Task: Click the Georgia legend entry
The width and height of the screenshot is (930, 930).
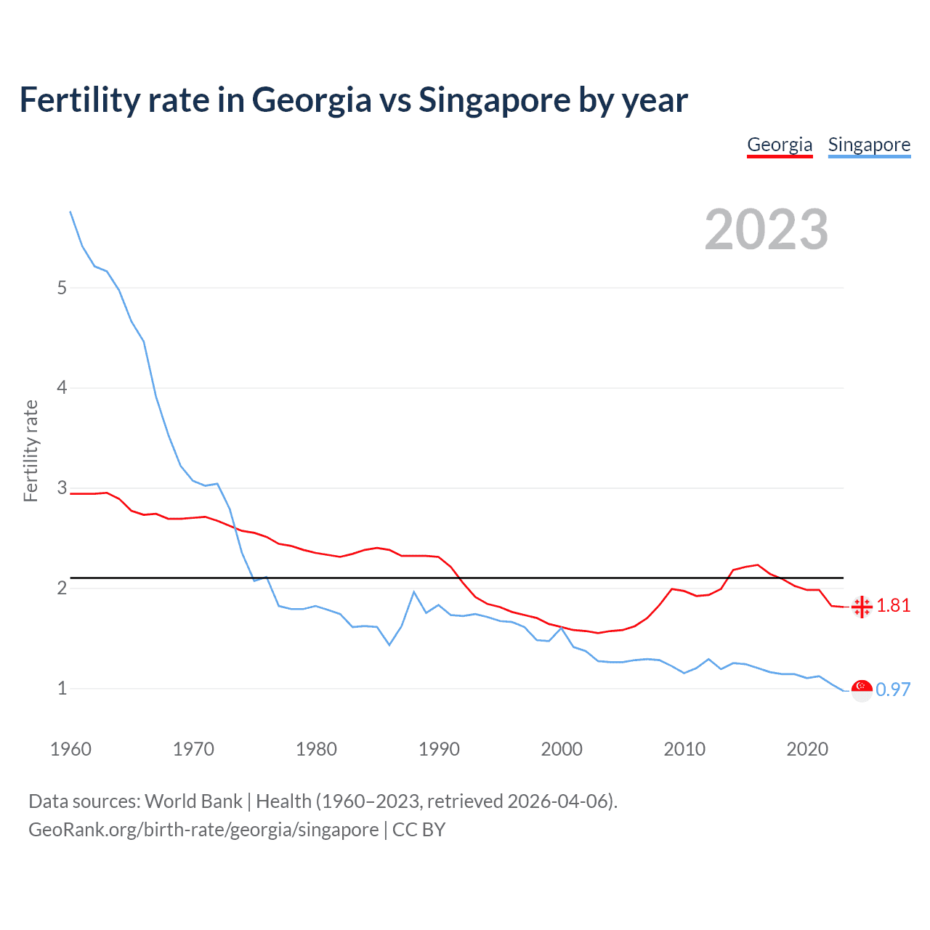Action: click(x=780, y=145)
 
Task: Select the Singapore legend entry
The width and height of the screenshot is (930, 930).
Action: click(x=869, y=145)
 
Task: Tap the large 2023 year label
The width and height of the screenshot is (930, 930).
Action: click(x=767, y=230)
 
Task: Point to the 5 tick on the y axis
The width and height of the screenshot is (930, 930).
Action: click(x=62, y=288)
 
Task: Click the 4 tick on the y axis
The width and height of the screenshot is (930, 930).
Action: click(x=62, y=388)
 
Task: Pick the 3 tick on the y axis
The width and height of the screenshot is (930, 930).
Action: click(x=62, y=488)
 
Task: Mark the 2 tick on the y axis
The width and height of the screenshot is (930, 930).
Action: click(x=62, y=588)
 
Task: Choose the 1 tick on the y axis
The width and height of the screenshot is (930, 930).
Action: click(x=62, y=688)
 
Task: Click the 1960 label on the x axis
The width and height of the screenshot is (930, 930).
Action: click(x=70, y=749)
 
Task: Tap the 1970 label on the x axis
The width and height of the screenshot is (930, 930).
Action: click(x=193, y=749)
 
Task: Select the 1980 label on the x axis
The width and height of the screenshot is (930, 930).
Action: click(x=316, y=749)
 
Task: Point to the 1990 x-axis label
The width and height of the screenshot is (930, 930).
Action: click(x=439, y=749)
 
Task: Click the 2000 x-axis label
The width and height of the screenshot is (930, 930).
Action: click(x=562, y=749)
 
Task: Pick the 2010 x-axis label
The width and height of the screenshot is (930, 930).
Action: click(x=684, y=749)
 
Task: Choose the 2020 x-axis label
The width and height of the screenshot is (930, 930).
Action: click(x=807, y=749)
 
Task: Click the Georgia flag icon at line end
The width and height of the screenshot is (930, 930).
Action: click(x=862, y=607)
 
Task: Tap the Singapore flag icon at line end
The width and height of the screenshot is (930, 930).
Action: click(x=862, y=690)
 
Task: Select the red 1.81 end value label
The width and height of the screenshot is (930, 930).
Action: click(x=893, y=606)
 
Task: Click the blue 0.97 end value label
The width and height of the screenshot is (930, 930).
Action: click(x=893, y=690)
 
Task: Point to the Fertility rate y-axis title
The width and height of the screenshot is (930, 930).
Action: click(x=31, y=450)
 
